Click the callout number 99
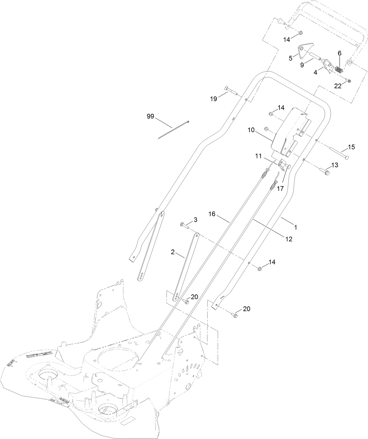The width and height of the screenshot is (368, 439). coord(150,116)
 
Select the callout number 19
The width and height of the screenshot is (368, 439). coord(214,99)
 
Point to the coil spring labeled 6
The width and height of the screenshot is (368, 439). coord(338,70)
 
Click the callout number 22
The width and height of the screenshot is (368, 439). coord(338,86)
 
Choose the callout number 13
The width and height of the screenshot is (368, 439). coord(334,165)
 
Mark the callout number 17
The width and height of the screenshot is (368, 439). coord(280,189)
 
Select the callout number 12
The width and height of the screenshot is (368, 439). coord(289,239)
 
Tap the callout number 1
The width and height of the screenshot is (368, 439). coord(295,227)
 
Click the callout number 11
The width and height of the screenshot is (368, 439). coord(258,157)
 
